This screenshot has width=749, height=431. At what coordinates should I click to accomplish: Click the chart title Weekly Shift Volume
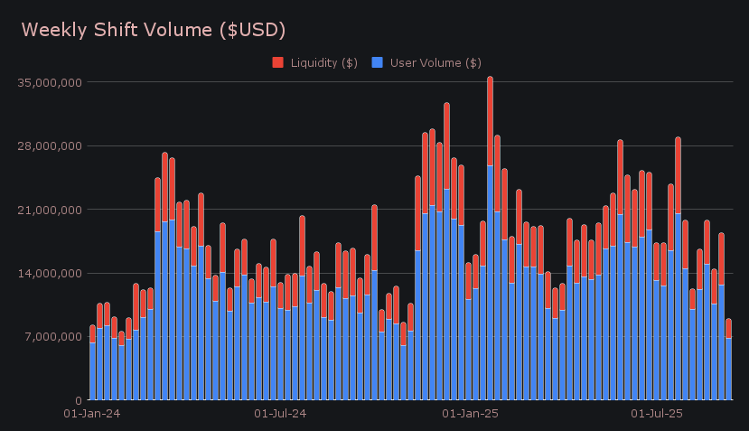[154, 30]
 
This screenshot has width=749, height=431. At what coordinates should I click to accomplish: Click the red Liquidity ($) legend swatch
[277, 62]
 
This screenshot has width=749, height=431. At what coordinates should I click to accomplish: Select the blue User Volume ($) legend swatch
[378, 62]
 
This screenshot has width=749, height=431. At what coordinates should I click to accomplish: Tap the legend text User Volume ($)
[435, 62]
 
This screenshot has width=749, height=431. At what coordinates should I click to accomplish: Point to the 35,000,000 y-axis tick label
[50, 82]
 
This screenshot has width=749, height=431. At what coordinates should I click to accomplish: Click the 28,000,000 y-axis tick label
[50, 145]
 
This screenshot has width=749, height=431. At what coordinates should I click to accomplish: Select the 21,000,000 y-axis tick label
[50, 210]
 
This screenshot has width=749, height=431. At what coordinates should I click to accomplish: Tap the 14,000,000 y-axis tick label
[50, 273]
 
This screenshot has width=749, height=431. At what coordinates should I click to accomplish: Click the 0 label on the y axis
[79, 400]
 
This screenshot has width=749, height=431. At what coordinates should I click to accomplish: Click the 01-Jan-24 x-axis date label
[92, 415]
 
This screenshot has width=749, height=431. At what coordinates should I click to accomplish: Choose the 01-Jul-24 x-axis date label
[280, 415]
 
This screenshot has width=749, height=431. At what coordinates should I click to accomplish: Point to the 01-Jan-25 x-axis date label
[469, 415]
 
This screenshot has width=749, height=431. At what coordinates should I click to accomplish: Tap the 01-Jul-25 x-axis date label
[655, 415]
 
